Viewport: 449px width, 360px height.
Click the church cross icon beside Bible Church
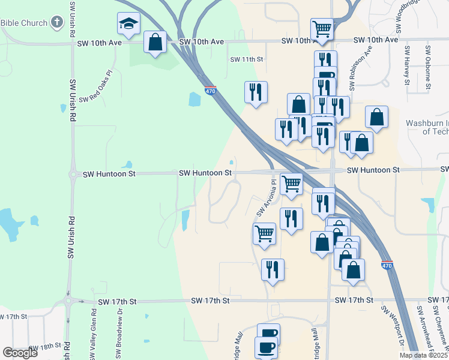pos(57,23)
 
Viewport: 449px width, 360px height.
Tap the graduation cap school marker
pos(128,23)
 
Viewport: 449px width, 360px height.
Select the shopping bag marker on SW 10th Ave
pos(155,43)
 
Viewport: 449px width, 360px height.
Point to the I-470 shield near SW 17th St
pos(387,265)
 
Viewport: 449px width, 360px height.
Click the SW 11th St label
pos(247,59)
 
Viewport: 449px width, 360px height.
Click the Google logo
pos(20,353)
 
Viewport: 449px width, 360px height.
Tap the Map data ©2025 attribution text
pos(423,355)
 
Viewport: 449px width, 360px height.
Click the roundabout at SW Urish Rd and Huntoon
pos(73,175)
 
